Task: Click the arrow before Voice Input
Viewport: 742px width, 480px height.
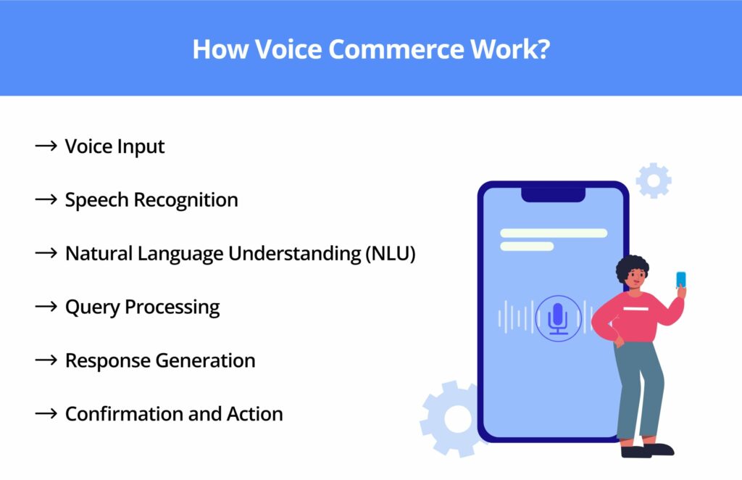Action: pyautogui.click(x=46, y=146)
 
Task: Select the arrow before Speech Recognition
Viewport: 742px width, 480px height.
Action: pyautogui.click(x=46, y=199)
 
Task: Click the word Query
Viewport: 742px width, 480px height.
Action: pyautogui.click(x=93, y=307)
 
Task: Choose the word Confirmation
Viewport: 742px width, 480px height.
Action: pyautogui.click(x=125, y=414)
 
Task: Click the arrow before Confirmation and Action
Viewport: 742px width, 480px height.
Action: pyautogui.click(x=46, y=414)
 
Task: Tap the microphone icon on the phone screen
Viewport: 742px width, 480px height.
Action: pyautogui.click(x=557, y=318)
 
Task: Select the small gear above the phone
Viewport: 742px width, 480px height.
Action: pyautogui.click(x=654, y=181)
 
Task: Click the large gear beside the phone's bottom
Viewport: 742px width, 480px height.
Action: pyautogui.click(x=455, y=418)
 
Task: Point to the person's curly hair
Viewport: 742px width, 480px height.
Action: pyautogui.click(x=632, y=269)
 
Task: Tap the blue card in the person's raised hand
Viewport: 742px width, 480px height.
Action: pyautogui.click(x=680, y=280)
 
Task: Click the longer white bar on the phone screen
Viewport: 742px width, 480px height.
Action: pyautogui.click(x=554, y=233)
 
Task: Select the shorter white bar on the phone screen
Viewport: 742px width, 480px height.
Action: pyautogui.click(x=527, y=247)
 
